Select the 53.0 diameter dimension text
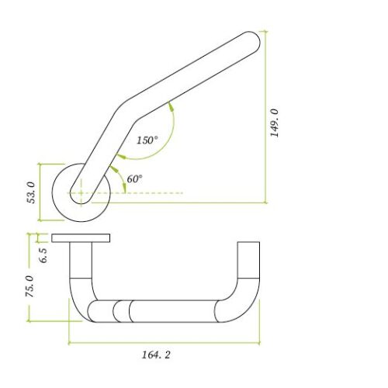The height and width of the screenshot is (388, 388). coord(32,192)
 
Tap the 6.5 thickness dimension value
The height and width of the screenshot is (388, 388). coord(43,254)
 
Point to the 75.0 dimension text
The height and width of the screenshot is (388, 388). coord(30,286)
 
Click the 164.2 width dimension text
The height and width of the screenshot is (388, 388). coord(157,355)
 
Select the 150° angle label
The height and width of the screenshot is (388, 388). coord(147,140)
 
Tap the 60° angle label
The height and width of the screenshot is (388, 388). coord(134,178)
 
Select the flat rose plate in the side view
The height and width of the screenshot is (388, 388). coord(81,237)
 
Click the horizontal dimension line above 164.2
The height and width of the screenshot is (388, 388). coord(163,341)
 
